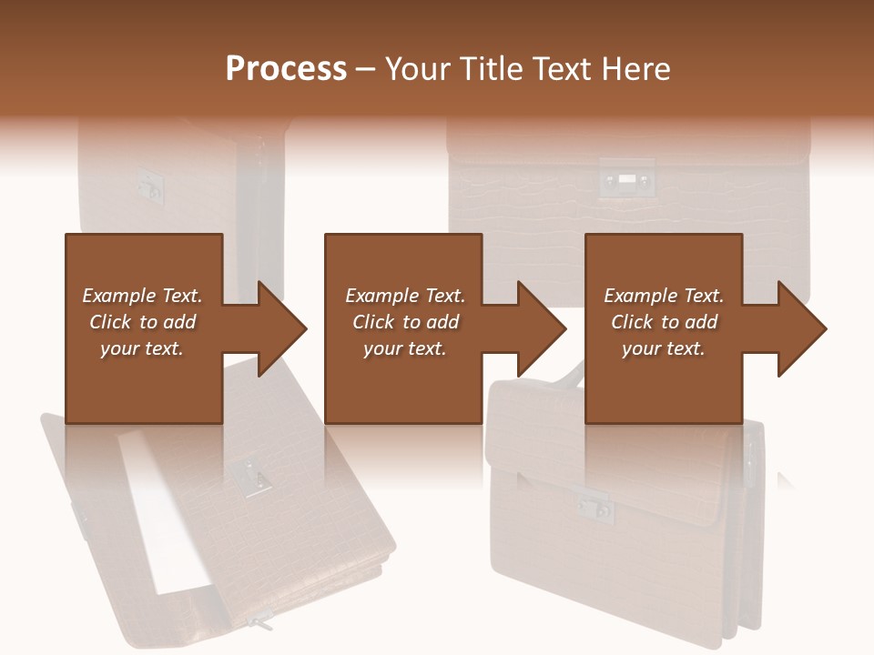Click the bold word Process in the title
[x=286, y=69]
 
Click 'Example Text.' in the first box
[x=142, y=296]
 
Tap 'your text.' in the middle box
[x=404, y=348]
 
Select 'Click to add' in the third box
[x=664, y=322]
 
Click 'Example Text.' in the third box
[x=664, y=296]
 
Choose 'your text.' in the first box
[x=142, y=348]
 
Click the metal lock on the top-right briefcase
[x=626, y=179]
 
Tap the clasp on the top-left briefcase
[x=149, y=184]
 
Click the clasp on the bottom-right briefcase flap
[x=596, y=507]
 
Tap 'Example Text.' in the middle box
[x=404, y=296]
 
